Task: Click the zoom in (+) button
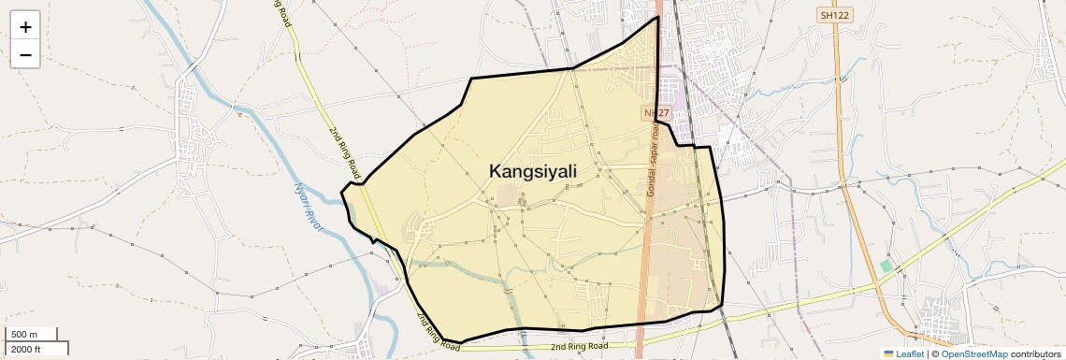(x=25, y=26)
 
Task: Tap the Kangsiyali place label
(x=533, y=171)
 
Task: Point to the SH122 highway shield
(x=836, y=15)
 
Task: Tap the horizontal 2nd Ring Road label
(x=579, y=347)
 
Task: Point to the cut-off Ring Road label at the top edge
(x=281, y=13)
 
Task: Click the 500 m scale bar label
(x=24, y=335)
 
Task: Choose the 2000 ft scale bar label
(x=26, y=349)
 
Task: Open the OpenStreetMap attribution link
(x=974, y=353)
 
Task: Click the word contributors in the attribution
(x=1035, y=353)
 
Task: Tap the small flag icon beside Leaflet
(x=889, y=353)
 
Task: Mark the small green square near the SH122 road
(x=886, y=266)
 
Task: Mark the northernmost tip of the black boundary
(x=658, y=16)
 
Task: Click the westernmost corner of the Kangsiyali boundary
(x=341, y=192)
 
